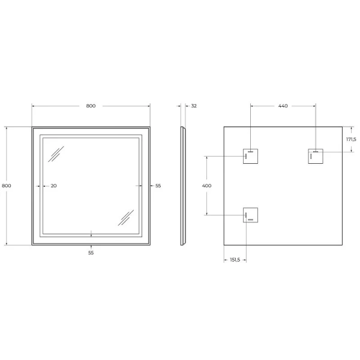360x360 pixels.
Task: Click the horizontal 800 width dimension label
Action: pos(91,106)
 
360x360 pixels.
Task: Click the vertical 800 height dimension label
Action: pos(7,185)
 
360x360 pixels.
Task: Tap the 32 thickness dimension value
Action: pos(193,106)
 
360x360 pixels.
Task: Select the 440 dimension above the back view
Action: pos(283,106)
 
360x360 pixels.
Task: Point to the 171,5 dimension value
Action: pos(351,139)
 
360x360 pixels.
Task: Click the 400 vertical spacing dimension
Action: pos(207,185)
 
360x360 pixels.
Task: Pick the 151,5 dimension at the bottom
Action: pos(235,259)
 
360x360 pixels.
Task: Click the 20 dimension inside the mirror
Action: pos(53,185)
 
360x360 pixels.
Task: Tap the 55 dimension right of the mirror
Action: pos(158,185)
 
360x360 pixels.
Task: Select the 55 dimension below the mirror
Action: pos(91,253)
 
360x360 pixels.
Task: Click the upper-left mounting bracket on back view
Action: pos(250,155)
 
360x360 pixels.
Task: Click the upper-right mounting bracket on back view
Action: pos(316,155)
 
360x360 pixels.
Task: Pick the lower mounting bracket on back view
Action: pos(250,215)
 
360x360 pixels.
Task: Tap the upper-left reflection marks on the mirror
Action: pos(56,154)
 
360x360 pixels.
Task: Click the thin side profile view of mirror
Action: pos(182,185)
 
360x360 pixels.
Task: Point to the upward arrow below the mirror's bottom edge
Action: pos(91,246)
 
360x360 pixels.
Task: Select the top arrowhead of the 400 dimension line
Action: pos(207,157)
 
